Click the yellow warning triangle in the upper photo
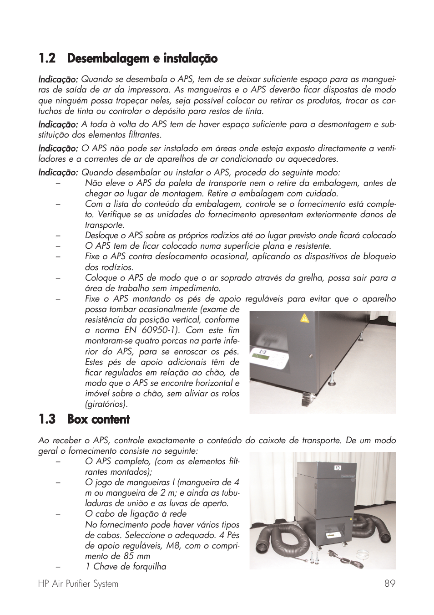(x=304, y=318)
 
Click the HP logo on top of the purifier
(x=337, y=467)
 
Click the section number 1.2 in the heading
(x=47, y=59)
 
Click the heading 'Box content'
(x=98, y=420)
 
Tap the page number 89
(x=389, y=584)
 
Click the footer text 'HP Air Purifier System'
(x=78, y=584)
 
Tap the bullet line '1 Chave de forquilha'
(x=126, y=567)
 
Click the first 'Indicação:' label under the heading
(x=58, y=80)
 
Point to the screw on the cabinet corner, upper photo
(x=311, y=355)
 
